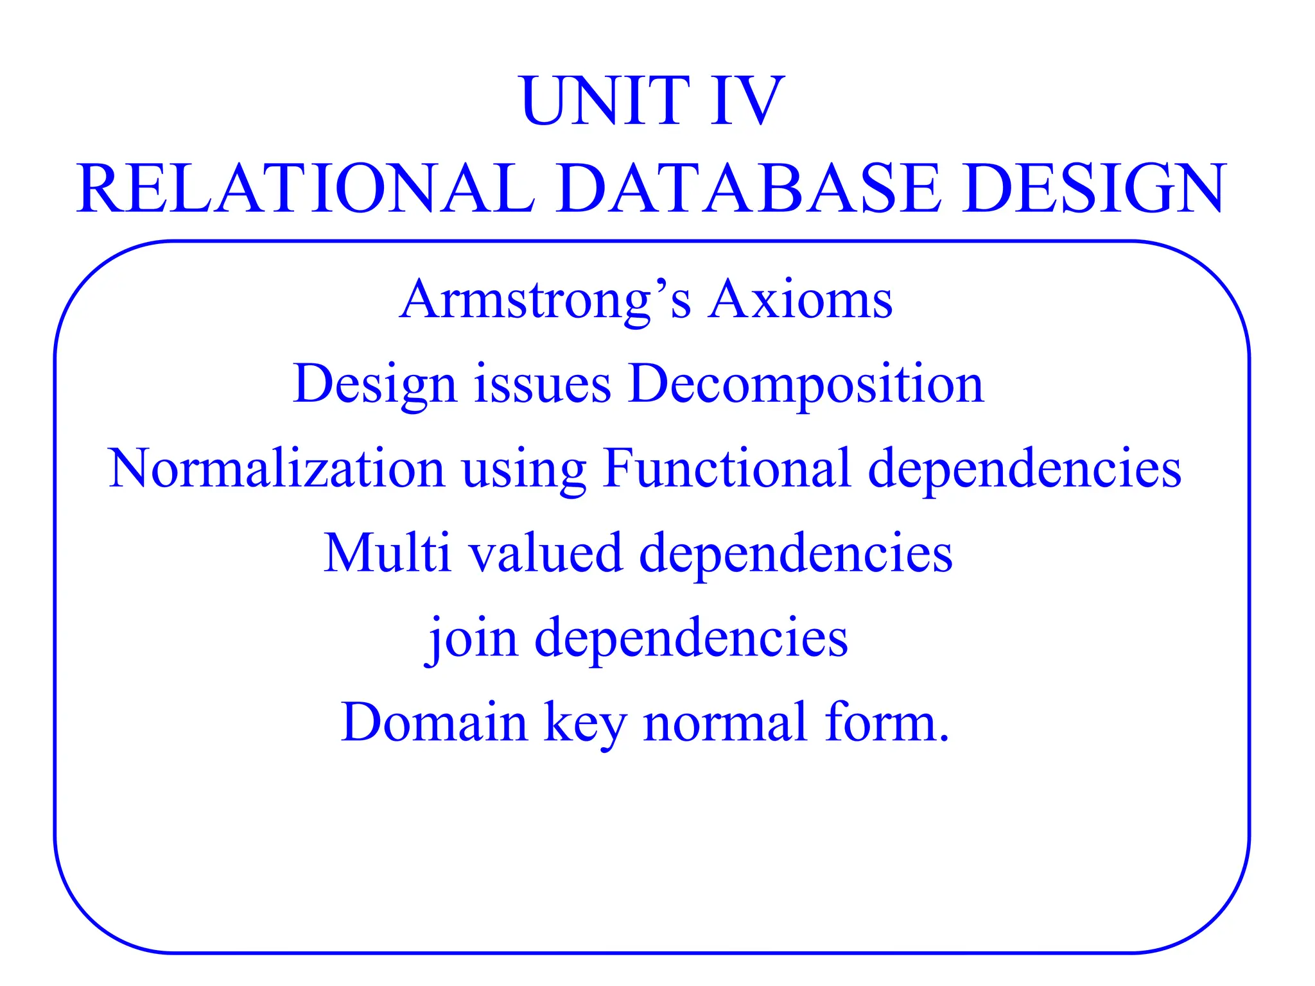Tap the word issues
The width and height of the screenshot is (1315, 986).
pos(543,385)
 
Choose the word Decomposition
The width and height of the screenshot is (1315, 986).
pos(806,386)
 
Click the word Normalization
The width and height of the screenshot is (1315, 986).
pos(276,468)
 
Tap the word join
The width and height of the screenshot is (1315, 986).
pos(471,639)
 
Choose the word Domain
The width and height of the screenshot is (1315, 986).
pos(434,722)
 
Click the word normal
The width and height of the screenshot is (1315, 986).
pos(725,722)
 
